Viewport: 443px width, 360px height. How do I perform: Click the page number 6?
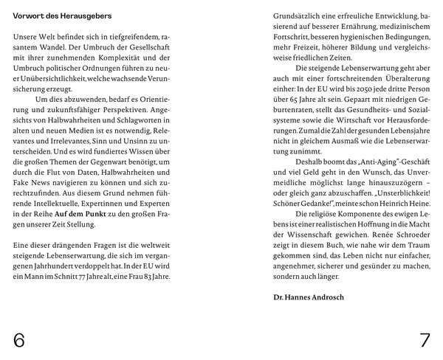(x=19, y=340)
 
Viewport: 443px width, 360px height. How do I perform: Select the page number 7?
(x=425, y=340)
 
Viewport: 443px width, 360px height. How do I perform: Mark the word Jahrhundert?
(x=63, y=264)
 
